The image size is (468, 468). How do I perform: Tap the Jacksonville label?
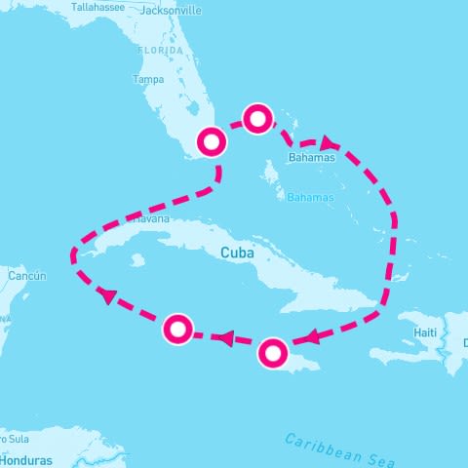click(171, 11)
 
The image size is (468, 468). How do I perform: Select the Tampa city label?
click(147, 79)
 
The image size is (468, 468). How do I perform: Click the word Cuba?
click(238, 252)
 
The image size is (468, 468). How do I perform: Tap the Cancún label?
click(26, 276)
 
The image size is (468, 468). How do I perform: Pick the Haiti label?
click(425, 332)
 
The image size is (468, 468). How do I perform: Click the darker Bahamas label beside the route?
click(311, 157)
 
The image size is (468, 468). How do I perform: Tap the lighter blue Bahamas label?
click(310, 198)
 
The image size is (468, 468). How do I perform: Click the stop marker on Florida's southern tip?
click(212, 142)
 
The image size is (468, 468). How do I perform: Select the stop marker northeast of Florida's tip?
click(257, 119)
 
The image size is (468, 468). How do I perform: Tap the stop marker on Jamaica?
click(273, 352)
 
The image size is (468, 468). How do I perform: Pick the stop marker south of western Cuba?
click(177, 330)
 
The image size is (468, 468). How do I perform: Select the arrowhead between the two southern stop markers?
click(223, 339)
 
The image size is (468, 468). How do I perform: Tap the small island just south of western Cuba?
click(136, 260)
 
